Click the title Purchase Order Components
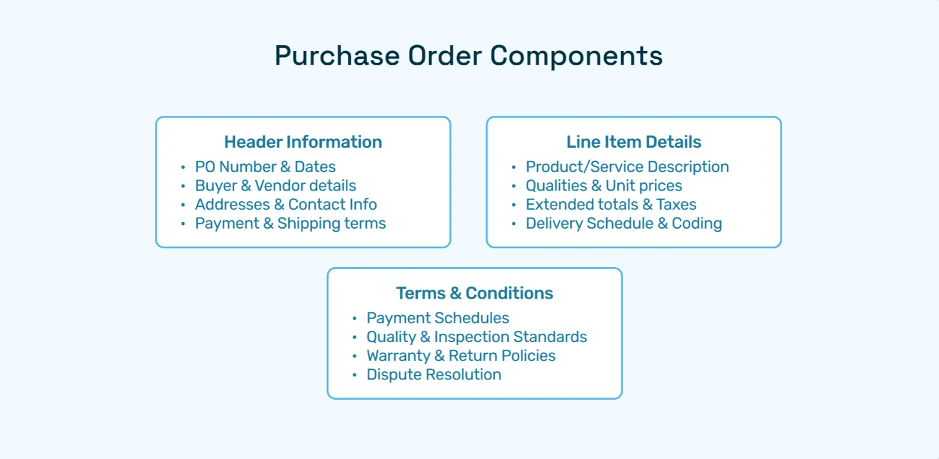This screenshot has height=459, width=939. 468,56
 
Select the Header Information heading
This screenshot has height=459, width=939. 303,142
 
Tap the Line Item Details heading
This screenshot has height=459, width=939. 633,142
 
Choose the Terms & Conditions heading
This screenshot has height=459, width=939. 474,293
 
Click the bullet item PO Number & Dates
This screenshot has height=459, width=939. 265,167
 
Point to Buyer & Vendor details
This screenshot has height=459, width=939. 275,186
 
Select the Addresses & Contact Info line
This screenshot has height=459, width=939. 285,205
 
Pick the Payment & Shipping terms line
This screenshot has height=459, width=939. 290,224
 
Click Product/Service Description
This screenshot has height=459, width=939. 627,167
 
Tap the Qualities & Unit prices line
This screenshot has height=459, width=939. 604,186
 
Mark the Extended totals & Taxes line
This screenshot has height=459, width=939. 611,205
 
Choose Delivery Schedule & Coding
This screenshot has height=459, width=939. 623,224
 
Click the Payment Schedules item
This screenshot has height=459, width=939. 437,318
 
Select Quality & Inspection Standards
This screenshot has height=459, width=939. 476,337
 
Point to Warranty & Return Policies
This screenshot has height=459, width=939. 461,356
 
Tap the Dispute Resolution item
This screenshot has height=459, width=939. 433,375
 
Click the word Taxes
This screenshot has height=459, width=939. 676,205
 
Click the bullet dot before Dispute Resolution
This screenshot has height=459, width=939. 354,375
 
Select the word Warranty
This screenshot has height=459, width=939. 398,356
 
